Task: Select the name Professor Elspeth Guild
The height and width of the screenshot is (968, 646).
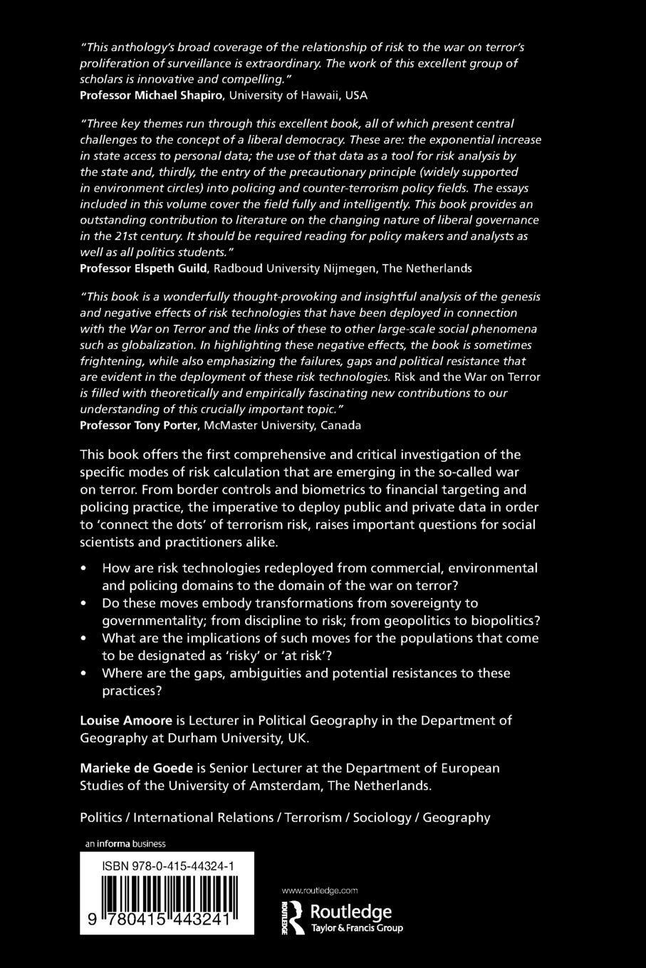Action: (144, 269)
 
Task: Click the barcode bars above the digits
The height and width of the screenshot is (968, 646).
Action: (169, 894)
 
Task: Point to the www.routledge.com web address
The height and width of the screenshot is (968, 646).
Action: (320, 890)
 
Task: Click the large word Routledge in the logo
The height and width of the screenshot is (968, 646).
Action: (350, 912)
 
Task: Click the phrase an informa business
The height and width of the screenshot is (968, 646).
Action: (125, 844)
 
